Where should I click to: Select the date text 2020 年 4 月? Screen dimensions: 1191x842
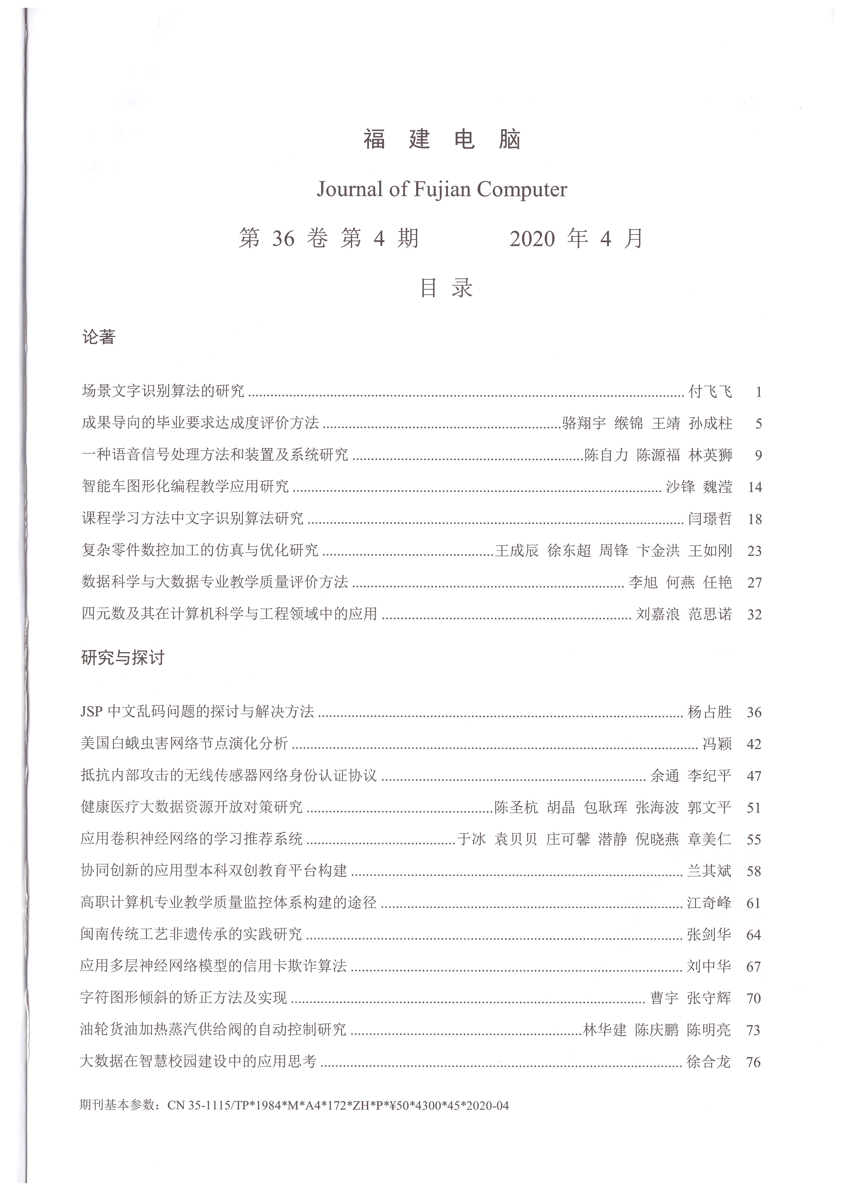point(576,239)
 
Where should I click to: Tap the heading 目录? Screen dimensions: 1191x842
point(446,288)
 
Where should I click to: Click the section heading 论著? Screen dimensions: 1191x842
point(98,337)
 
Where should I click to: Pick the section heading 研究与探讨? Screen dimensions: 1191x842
point(123,658)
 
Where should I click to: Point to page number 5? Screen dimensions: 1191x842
point(758,424)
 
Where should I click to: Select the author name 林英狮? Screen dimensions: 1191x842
point(710,455)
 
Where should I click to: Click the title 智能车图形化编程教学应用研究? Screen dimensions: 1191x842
point(185,487)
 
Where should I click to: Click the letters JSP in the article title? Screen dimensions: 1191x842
point(92,712)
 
